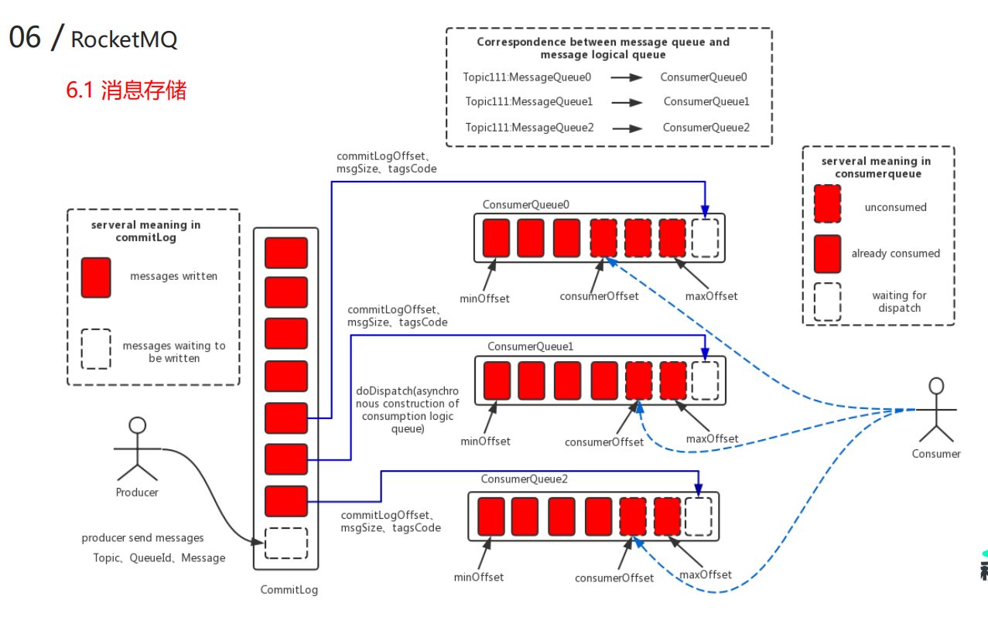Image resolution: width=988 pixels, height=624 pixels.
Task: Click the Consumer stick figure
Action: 936,410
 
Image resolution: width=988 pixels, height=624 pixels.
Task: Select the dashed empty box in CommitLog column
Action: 286,543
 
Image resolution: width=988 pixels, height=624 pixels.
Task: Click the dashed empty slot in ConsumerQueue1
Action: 705,380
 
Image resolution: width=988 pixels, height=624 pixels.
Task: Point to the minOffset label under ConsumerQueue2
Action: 478,577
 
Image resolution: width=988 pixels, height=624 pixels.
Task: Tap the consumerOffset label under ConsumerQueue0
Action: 600,296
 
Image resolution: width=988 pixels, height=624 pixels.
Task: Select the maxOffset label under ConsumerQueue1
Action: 713,438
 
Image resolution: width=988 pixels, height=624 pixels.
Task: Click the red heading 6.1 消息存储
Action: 126,90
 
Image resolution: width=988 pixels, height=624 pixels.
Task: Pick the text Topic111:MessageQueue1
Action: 529,102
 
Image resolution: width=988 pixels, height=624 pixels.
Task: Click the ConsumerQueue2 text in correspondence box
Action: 706,128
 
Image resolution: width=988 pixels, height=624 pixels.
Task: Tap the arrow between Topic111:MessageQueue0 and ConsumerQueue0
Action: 626,77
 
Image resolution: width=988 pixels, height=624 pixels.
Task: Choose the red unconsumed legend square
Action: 827,205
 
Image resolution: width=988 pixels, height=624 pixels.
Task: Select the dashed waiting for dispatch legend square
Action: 827,301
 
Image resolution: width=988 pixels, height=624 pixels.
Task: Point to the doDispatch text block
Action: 408,410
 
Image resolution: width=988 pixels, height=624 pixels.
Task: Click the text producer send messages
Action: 143,538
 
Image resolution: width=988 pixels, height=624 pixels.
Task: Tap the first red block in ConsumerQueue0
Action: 496,237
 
